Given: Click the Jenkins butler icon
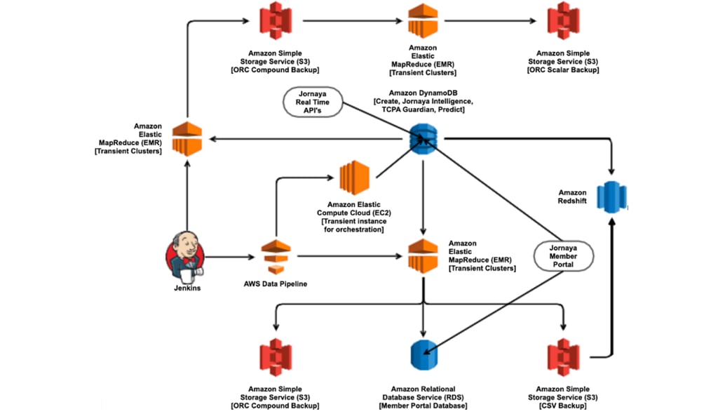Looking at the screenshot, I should tap(186, 255).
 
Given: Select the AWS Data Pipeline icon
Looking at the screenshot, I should tap(276, 257).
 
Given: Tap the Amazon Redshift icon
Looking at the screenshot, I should tap(609, 196).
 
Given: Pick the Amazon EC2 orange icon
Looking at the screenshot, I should tap(354, 178).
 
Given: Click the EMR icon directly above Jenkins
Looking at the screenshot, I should tap(187, 138).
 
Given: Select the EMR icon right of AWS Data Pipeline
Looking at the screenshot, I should tap(423, 256).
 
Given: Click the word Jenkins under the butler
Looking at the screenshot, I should tap(187, 288).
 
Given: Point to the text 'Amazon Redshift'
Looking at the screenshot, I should tap(573, 196).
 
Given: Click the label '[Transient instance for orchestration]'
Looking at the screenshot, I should tap(353, 225).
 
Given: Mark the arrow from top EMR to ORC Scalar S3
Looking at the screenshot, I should tap(491, 21).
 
